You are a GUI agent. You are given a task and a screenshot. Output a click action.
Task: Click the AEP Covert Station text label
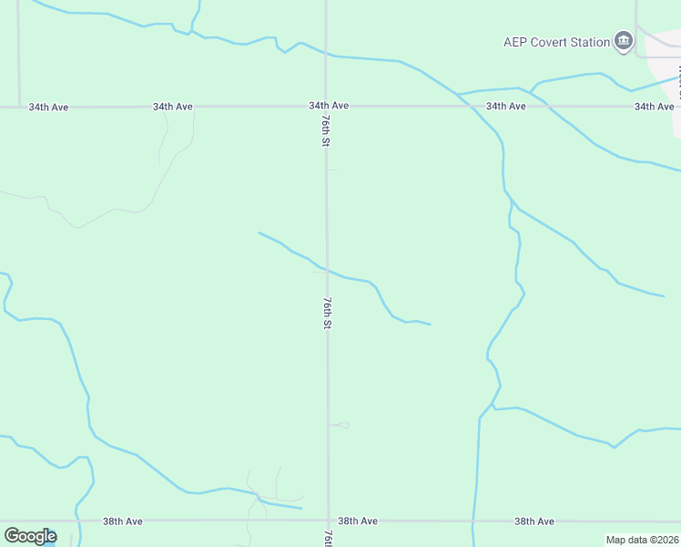coord(556,42)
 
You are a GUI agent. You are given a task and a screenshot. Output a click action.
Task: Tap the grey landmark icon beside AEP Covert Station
coord(624,41)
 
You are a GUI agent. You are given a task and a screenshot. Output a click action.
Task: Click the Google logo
coord(30,536)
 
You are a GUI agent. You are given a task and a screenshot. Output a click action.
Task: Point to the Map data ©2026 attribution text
coord(642,540)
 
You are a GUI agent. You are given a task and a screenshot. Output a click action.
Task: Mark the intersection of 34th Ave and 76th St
coord(327,107)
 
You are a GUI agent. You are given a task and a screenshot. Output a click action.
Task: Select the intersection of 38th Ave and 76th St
coord(328,521)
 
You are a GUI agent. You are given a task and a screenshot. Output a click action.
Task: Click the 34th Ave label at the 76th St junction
coord(329,106)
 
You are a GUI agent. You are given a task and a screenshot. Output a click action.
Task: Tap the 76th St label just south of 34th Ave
coord(325,130)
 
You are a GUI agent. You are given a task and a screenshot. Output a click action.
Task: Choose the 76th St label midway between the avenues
coord(326,313)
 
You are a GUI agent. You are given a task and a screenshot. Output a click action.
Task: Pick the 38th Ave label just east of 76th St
coord(357,521)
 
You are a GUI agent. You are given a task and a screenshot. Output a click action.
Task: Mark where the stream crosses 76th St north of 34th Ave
coord(327,55)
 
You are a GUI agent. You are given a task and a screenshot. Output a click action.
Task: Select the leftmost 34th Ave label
coord(48,107)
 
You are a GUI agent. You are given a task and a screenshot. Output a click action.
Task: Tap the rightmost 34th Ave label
coord(654,107)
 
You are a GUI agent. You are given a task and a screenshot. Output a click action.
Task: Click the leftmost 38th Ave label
coord(122,521)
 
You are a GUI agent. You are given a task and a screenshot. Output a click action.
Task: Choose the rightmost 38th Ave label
coord(534,521)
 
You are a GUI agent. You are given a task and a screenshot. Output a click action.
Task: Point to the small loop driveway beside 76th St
coord(340,425)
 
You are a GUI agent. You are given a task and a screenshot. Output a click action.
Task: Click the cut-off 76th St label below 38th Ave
coord(328,538)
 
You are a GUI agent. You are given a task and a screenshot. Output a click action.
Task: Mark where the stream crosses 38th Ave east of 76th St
coord(473,521)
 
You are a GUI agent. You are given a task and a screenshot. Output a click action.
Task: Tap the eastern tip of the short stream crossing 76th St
coord(430,324)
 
